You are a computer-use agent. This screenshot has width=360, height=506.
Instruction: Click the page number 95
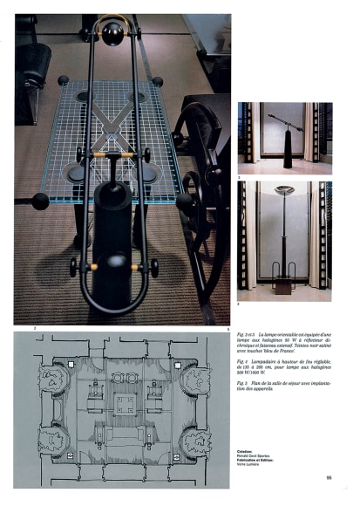[x=329, y=476]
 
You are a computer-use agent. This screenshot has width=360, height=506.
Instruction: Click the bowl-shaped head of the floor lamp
[x=283, y=189]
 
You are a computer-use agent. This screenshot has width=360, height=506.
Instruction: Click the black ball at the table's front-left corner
[x=40, y=201]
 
